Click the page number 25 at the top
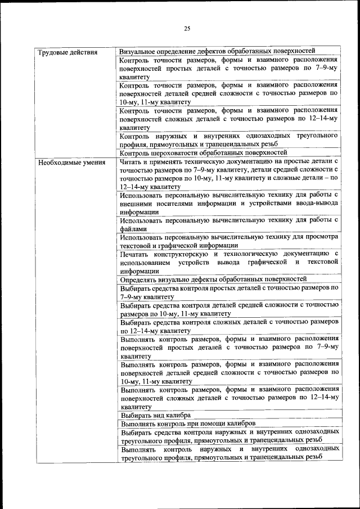[187, 29]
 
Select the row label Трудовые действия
[67, 52]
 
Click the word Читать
[132, 161]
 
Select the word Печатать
[136, 254]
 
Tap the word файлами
[134, 229]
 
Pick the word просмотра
[320, 237]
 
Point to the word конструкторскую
[191, 254]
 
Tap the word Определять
[139, 279]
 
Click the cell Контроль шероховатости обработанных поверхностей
[204, 152]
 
